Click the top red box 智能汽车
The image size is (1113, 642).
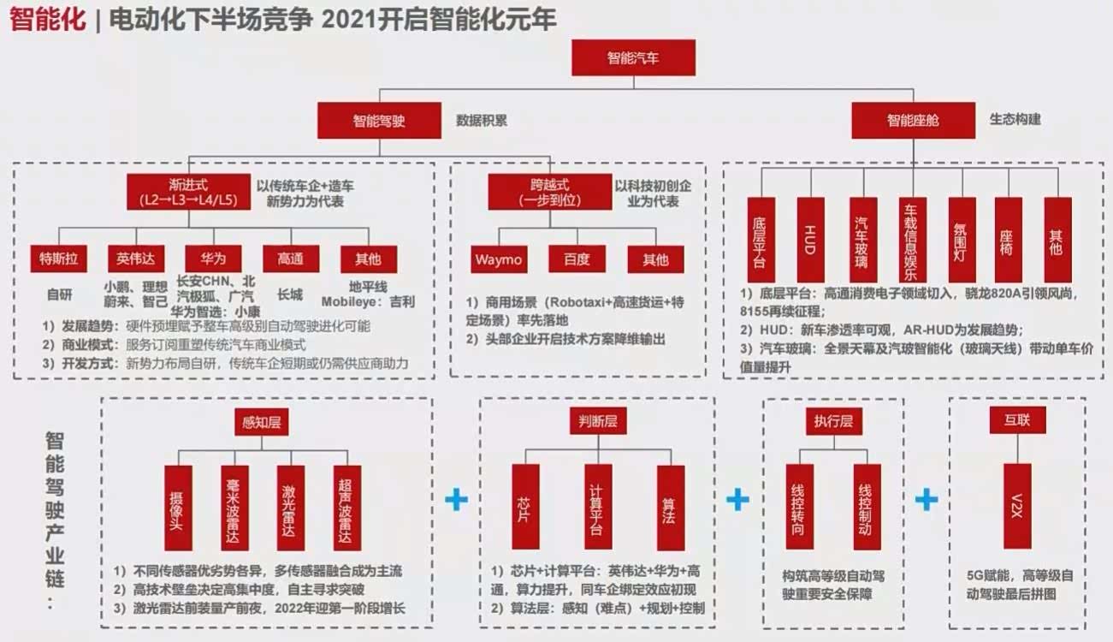[633, 57]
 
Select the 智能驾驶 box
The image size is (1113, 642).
[379, 121]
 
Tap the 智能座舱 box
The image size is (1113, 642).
[914, 121]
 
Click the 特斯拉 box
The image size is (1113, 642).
[59, 259]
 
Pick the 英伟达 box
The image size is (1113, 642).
[136, 259]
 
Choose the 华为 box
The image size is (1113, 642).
[214, 259]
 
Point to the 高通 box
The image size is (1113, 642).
[291, 259]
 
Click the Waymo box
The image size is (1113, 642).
[499, 259]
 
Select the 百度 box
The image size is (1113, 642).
[577, 259]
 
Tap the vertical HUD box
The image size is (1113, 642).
[810, 240]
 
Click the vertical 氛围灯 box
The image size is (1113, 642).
[962, 240]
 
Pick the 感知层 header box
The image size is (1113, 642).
[262, 422]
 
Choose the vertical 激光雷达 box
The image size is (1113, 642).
[291, 508]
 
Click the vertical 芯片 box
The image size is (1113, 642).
[525, 508]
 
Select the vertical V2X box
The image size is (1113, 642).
[1017, 506]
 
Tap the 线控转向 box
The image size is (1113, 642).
[800, 507]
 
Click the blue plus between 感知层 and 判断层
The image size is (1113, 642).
[456, 499]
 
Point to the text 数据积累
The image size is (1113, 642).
[482, 121]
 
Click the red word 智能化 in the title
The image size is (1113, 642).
[48, 19]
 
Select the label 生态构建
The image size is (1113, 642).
[1015, 119]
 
